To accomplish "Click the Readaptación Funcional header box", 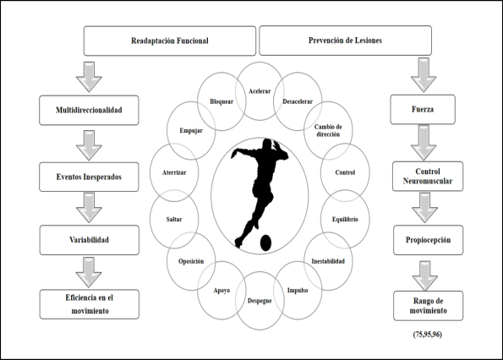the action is point(170,41).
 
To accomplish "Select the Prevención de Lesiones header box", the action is point(345,41).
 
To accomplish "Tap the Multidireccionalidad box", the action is point(89,110).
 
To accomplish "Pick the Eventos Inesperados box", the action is point(89,177).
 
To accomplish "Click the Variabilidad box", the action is point(89,240).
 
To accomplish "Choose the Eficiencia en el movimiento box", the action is point(89,304).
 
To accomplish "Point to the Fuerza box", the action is point(423,109).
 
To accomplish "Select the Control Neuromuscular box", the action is point(428,177).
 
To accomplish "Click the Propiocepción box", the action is point(428,240).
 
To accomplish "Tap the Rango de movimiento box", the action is point(428,306).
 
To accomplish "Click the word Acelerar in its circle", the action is point(260,91).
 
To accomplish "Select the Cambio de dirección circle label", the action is point(328,130).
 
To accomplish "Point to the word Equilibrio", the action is point(345,220).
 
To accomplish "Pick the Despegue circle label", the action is point(260,301).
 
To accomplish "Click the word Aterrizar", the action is point(174,172).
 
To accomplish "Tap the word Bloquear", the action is point(221,101).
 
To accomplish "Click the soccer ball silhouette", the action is point(265,243).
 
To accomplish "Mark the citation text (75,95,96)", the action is point(427,335).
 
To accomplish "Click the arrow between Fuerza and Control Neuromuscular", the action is point(424,143).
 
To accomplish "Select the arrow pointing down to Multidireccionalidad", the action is point(89,77).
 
